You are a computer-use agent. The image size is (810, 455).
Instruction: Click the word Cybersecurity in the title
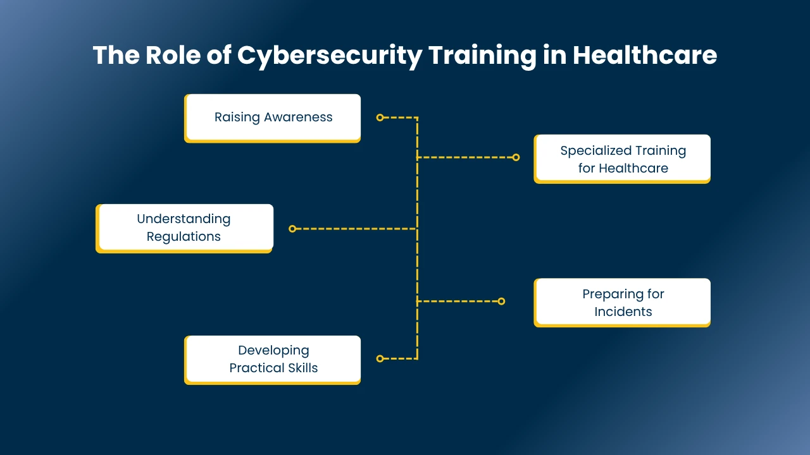coord(330,56)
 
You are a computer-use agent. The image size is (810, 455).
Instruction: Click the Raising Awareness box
coord(272,118)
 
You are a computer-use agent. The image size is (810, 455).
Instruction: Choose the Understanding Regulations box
coord(184,228)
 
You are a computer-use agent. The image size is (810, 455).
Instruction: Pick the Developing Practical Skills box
coord(272,360)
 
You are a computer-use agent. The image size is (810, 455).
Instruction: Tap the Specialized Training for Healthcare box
coord(622,159)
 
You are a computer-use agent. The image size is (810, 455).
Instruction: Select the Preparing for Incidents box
coord(622,303)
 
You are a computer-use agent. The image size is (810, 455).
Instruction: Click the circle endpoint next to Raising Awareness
coord(380,118)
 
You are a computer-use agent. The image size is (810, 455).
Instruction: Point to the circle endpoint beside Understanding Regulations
coord(292,229)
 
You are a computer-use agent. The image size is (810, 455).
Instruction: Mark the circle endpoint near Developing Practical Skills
coord(380,358)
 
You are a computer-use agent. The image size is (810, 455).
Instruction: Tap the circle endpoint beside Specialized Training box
coord(516,157)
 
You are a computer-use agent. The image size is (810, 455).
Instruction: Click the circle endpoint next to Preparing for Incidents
coord(501,301)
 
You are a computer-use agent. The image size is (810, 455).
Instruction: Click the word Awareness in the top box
coord(298,118)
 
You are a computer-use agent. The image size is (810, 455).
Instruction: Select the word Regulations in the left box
coord(184,237)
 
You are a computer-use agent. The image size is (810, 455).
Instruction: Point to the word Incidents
coord(623,312)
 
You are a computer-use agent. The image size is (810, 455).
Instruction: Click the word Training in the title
coord(482,56)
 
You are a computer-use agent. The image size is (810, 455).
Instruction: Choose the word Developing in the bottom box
coord(273,351)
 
